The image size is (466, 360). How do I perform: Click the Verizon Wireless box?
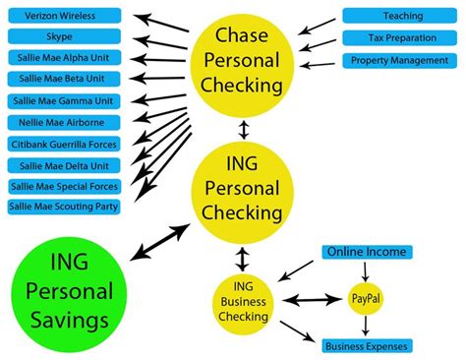click(x=64, y=15)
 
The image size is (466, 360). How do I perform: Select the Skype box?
click(x=64, y=36)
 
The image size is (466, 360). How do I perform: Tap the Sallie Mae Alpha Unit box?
click(x=64, y=57)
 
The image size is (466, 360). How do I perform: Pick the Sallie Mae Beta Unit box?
click(x=64, y=79)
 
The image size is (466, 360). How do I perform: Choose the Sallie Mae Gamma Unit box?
click(x=64, y=100)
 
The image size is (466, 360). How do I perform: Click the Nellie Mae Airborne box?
click(x=64, y=122)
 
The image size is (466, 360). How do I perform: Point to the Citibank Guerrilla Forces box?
click(x=64, y=144)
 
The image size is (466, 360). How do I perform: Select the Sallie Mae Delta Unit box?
click(x=64, y=164)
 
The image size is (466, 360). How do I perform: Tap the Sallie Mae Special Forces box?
click(x=64, y=186)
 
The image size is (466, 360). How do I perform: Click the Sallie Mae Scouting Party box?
click(x=64, y=207)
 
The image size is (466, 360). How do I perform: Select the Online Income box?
click(x=367, y=253)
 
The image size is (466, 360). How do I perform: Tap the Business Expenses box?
click(x=367, y=345)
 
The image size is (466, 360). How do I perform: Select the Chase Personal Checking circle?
click(x=242, y=61)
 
